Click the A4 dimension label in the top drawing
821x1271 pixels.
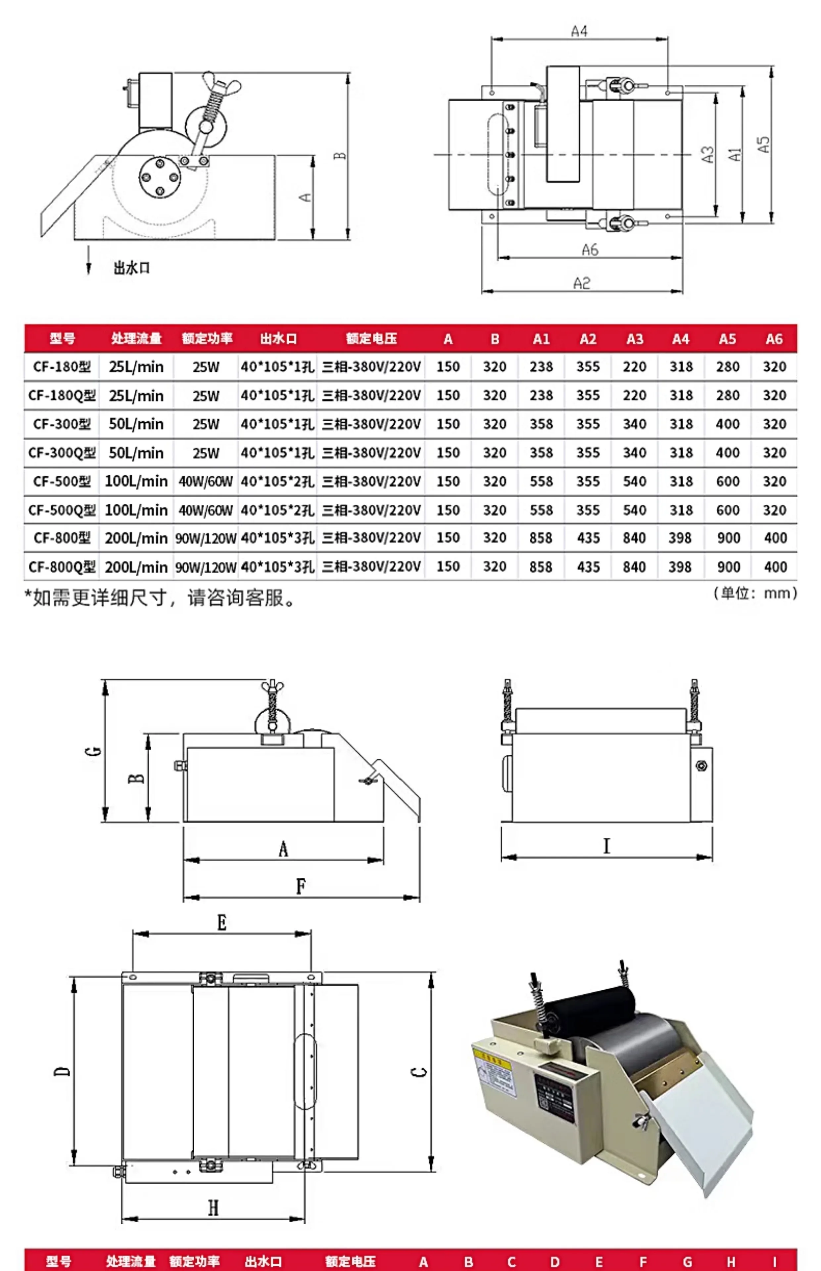(x=579, y=31)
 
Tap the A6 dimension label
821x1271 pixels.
(x=590, y=250)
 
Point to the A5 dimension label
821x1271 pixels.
(x=763, y=144)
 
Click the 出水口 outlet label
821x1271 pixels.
(x=131, y=268)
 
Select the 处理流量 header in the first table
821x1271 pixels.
(x=136, y=338)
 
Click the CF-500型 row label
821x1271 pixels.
(x=62, y=482)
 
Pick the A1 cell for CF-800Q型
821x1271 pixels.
(x=541, y=566)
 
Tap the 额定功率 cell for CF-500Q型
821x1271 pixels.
(x=206, y=510)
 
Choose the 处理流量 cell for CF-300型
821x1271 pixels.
(x=136, y=424)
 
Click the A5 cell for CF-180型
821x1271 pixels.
(x=727, y=367)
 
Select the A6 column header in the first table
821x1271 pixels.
(x=774, y=339)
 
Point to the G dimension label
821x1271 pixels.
(x=93, y=751)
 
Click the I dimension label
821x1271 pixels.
(x=606, y=846)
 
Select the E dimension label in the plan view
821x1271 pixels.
(x=222, y=922)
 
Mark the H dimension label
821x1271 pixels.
(x=213, y=1207)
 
